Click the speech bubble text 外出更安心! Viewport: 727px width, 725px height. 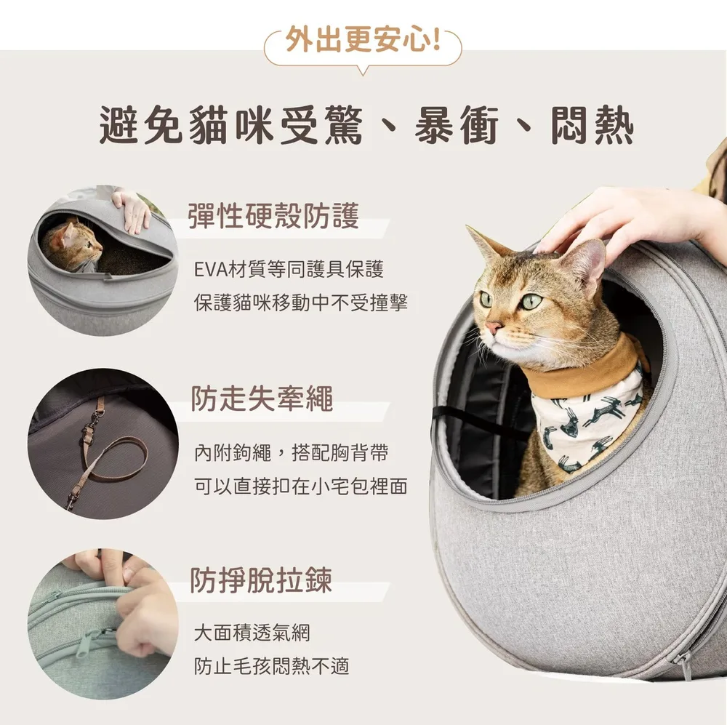(x=363, y=39)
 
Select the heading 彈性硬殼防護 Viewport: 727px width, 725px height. (x=273, y=216)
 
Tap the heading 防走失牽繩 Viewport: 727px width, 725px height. (x=262, y=398)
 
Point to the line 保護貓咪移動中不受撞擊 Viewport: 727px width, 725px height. (x=301, y=303)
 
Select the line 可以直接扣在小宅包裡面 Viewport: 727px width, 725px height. (x=301, y=486)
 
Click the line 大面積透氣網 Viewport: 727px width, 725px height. (x=252, y=633)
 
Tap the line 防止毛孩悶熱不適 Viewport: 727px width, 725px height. (x=272, y=666)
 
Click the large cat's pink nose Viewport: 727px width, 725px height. (x=492, y=328)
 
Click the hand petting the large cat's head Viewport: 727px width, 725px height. (x=622, y=223)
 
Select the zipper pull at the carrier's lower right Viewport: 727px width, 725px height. (x=684, y=666)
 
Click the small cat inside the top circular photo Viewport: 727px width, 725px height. (x=73, y=246)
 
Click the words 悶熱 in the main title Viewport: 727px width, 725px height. (x=592, y=125)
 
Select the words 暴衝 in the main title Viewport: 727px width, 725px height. (x=457, y=125)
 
